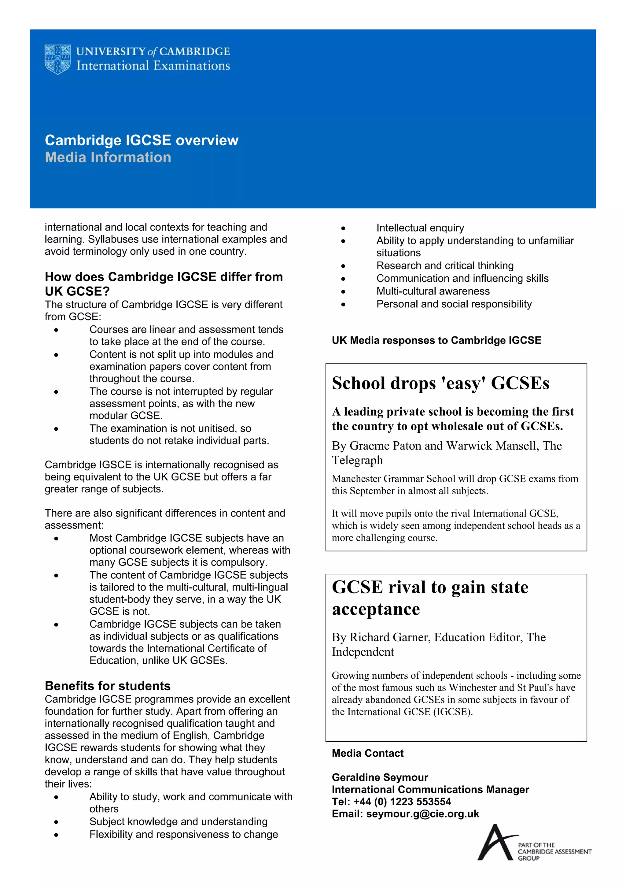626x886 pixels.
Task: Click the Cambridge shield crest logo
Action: point(57,59)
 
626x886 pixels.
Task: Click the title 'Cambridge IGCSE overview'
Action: point(142,140)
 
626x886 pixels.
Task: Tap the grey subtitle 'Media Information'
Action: point(108,158)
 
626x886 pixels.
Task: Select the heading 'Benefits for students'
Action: point(108,686)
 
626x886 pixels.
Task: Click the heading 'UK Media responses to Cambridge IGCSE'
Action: point(436,340)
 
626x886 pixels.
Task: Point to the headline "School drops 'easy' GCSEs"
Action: point(440,384)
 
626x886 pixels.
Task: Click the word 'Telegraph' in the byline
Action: point(357,460)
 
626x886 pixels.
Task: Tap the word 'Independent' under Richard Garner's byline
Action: point(363,652)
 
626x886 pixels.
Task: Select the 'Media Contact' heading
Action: point(368,753)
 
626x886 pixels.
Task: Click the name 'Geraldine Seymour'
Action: point(380,777)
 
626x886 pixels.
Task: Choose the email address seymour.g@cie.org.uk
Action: point(422,814)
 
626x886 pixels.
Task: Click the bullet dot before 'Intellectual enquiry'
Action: point(343,228)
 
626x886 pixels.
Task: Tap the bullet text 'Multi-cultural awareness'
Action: point(433,291)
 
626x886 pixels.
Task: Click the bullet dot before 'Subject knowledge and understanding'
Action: point(56,822)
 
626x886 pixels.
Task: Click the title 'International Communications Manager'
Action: point(430,790)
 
